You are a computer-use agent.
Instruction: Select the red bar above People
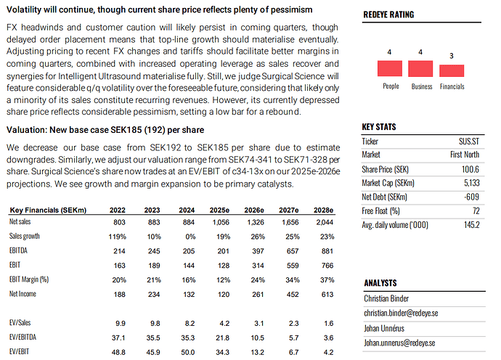(390, 69)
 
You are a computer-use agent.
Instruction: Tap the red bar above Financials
(452, 70)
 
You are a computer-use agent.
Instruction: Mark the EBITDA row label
(20, 250)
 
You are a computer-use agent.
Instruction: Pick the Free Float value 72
(475, 210)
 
